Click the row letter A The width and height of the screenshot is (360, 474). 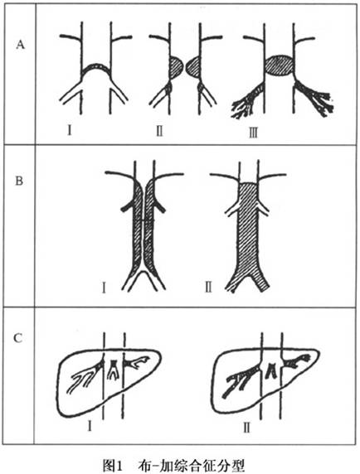coord(20,45)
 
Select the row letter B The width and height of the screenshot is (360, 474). coord(19,181)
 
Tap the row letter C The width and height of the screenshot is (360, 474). coord(18,338)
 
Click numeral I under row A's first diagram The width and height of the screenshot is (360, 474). coord(70,130)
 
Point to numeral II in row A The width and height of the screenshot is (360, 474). coord(159,131)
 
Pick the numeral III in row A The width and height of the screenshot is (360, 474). coord(253,133)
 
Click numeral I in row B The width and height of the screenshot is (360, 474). coord(104,288)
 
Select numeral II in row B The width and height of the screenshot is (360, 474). coord(208,288)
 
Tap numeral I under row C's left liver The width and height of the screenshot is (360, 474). coord(90,426)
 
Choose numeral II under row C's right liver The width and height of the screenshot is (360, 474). coord(247,428)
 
